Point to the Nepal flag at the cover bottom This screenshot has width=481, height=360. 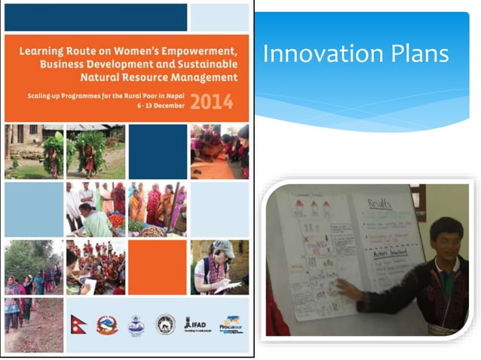coord(79,324)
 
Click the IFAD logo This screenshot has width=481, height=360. coord(195,324)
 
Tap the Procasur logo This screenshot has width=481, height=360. coord(230,324)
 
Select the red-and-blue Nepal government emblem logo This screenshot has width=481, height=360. coord(107,325)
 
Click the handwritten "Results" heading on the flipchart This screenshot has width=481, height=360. coord(379,204)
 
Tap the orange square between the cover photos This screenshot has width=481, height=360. coord(157,266)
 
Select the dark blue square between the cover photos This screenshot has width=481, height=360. coord(157,151)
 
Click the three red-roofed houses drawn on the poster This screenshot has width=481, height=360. coord(309,206)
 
